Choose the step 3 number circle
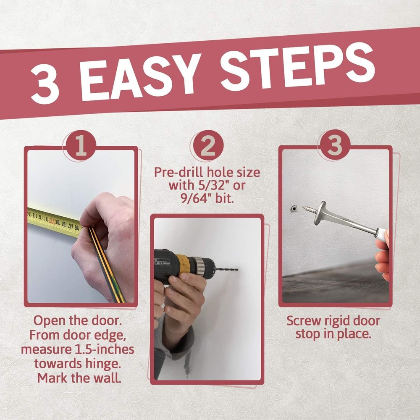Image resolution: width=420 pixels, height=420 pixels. click(334, 145)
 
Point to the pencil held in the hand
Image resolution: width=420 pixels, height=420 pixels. click(106, 264)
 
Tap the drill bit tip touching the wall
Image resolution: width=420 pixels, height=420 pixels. click(237, 270)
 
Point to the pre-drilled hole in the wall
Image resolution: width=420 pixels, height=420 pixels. click(294, 208)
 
